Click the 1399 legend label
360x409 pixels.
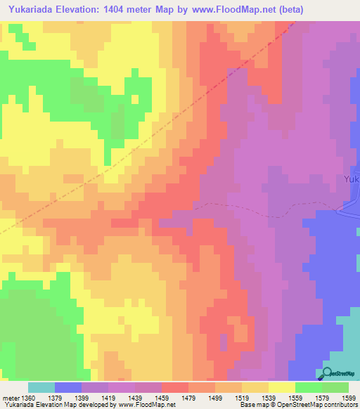coord(82,398)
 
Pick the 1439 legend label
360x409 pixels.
coord(135,398)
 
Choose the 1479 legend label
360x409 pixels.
coord(188,398)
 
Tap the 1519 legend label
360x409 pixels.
coord(242,398)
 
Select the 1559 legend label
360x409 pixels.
coord(295,398)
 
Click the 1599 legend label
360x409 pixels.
coord(348,398)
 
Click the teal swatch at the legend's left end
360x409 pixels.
coord(41,387)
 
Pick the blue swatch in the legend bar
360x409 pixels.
coord(67,387)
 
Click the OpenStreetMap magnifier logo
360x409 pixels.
coord(328,373)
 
